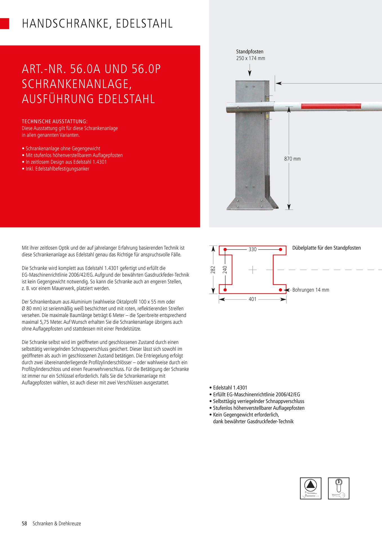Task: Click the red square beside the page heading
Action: point(5,24)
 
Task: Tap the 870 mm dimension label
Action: point(292,159)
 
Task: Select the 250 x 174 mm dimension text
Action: point(250,58)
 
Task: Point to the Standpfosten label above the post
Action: point(250,52)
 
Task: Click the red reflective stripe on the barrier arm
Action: point(331,106)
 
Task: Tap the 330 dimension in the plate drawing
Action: point(253,249)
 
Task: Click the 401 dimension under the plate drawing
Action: point(253,299)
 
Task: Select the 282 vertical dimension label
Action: point(213,270)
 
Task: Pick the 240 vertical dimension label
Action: point(225,270)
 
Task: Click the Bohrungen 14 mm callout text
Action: point(311,290)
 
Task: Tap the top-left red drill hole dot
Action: point(225,249)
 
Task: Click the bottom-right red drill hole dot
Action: point(280,290)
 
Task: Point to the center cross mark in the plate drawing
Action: point(253,270)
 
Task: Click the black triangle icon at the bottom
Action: point(311,485)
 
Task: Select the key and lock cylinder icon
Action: point(339,489)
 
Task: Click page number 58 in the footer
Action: point(24,524)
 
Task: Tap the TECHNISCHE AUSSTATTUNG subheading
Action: point(55,121)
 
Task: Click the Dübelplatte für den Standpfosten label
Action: point(326,248)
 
